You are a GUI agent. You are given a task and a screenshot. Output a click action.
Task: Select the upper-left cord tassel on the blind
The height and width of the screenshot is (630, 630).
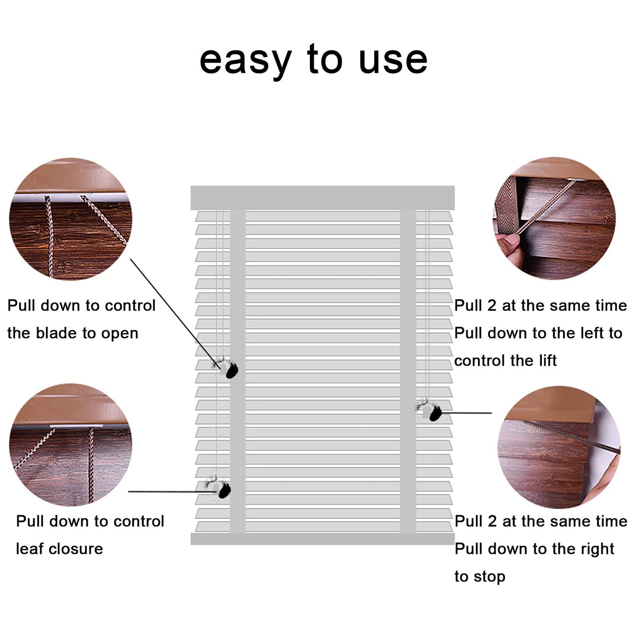(x=228, y=368)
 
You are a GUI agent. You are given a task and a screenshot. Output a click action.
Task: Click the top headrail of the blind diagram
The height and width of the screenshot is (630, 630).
(x=322, y=198)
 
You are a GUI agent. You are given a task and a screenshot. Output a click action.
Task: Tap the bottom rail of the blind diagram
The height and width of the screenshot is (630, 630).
(x=322, y=539)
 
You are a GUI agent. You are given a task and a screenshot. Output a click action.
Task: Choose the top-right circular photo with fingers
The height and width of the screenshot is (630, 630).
(x=554, y=218)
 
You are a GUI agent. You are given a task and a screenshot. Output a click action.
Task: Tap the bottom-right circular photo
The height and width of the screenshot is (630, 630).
(x=558, y=447)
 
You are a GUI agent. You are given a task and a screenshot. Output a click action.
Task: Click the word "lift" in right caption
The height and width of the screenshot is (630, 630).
(x=547, y=361)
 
